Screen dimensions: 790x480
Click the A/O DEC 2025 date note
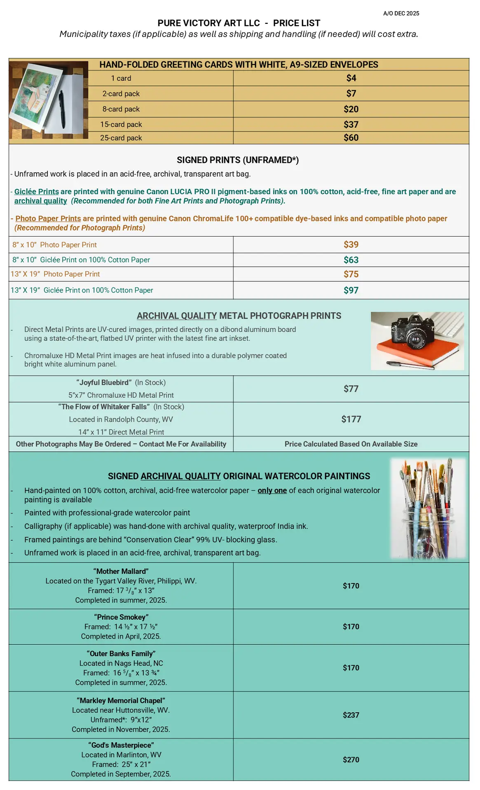click(x=401, y=13)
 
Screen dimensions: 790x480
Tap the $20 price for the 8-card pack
click(x=351, y=109)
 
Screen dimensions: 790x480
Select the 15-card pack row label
click(x=121, y=124)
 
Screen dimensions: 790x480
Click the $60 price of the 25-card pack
click(x=351, y=137)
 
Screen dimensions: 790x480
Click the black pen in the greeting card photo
click(x=62, y=109)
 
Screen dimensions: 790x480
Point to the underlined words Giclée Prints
click(x=36, y=191)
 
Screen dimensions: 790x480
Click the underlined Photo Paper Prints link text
click(x=48, y=218)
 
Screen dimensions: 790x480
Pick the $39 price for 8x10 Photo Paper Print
click(x=351, y=244)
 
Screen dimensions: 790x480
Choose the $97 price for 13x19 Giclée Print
click(x=351, y=290)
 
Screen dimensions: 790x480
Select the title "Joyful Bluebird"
click(x=104, y=382)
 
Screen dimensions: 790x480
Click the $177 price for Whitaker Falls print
click(x=351, y=419)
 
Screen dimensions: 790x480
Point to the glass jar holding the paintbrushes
click(x=426, y=535)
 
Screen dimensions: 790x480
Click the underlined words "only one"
click(x=272, y=490)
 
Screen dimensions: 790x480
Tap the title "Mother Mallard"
click(x=121, y=571)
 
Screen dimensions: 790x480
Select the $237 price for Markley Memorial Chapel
click(x=351, y=715)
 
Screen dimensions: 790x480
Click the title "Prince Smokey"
click(x=121, y=617)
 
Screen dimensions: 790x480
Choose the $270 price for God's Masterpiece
click(x=351, y=759)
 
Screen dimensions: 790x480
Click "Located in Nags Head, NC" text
click(x=121, y=663)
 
